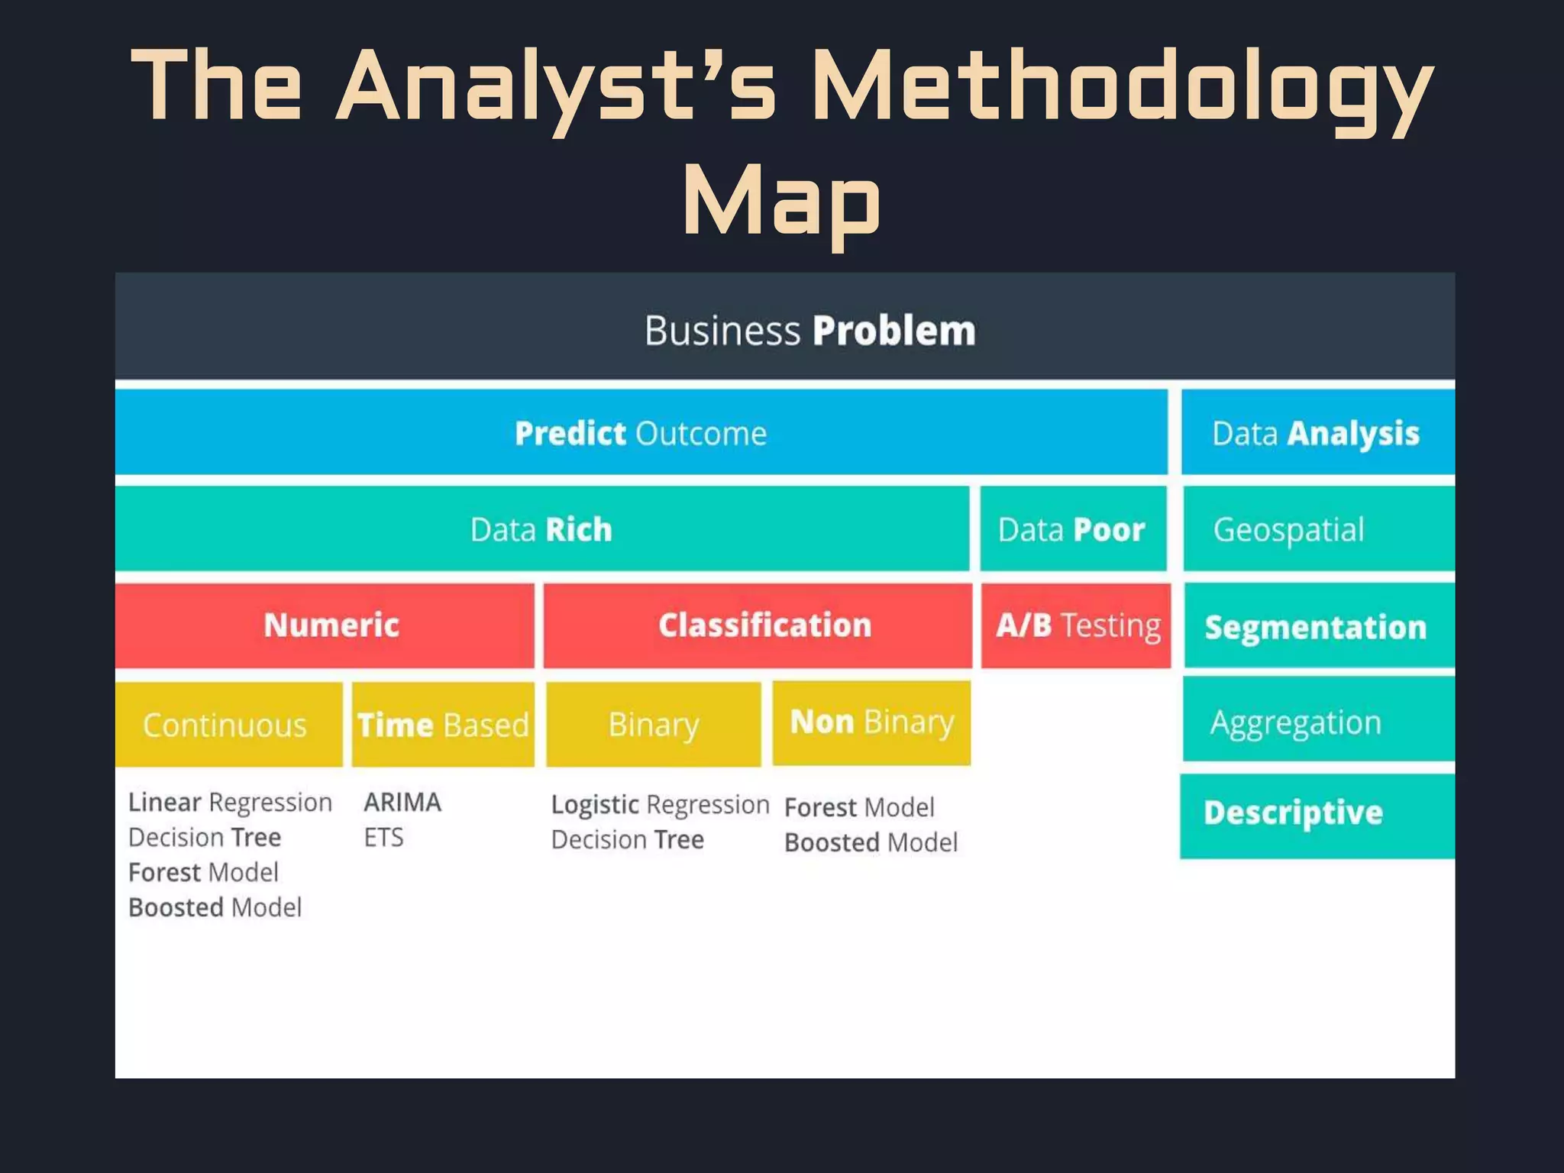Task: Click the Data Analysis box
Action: click(1317, 432)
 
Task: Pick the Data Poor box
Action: click(1073, 528)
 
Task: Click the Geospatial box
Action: click(1317, 528)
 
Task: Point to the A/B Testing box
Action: click(1075, 625)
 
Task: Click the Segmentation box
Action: click(1317, 626)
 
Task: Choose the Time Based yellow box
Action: click(443, 724)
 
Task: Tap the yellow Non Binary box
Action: click(871, 722)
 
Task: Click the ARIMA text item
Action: click(402, 802)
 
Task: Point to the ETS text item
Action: click(383, 837)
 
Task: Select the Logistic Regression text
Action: click(660, 804)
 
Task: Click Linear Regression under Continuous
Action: click(230, 802)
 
